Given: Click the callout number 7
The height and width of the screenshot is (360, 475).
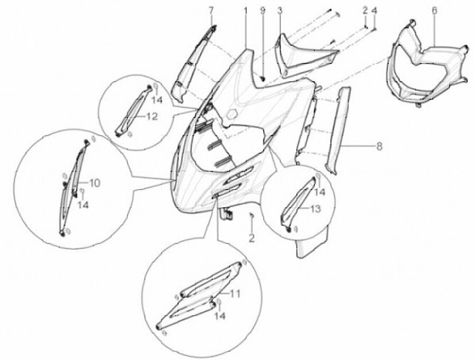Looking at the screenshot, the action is pyautogui.click(x=211, y=11).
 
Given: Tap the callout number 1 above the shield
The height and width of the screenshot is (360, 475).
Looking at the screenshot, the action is pyautogui.click(x=245, y=11).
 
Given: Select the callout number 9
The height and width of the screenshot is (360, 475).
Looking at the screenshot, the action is pyautogui.click(x=263, y=11).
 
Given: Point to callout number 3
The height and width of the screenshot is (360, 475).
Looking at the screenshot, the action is pyautogui.click(x=280, y=11).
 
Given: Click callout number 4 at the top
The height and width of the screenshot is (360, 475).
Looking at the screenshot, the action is pyautogui.click(x=375, y=11).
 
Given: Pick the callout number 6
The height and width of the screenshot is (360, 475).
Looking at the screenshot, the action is pyautogui.click(x=434, y=11).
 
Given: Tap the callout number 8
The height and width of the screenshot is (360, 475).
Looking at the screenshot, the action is pyautogui.click(x=379, y=146).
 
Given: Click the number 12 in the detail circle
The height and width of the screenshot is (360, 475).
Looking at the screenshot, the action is pyautogui.click(x=152, y=116).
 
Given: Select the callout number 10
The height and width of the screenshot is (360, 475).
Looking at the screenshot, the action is pyautogui.click(x=94, y=183).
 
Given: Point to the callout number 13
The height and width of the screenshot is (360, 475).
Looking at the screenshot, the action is pyautogui.click(x=315, y=208).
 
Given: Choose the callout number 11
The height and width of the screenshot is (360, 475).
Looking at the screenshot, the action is pyautogui.click(x=234, y=293).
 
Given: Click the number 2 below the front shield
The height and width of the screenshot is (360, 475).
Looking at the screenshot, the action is pyautogui.click(x=251, y=238).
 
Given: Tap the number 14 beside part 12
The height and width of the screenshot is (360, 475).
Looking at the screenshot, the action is pyautogui.click(x=157, y=100).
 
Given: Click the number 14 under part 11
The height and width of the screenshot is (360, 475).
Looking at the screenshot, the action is pyautogui.click(x=220, y=316).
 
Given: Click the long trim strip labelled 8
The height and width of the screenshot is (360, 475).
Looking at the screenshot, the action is pyautogui.click(x=337, y=130).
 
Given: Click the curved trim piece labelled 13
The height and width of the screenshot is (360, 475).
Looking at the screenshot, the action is pyautogui.click(x=296, y=203).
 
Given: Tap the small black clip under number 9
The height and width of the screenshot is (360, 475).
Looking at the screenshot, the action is pyautogui.click(x=263, y=78).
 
